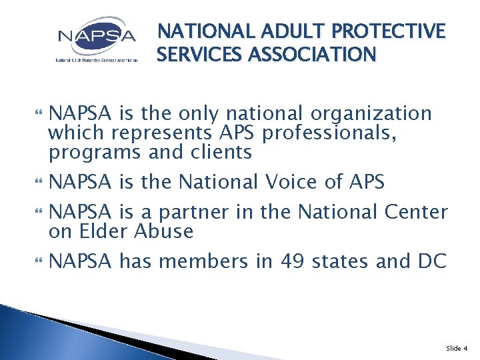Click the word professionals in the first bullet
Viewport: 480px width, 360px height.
[330, 133]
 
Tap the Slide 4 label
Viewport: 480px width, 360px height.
[457, 347]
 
